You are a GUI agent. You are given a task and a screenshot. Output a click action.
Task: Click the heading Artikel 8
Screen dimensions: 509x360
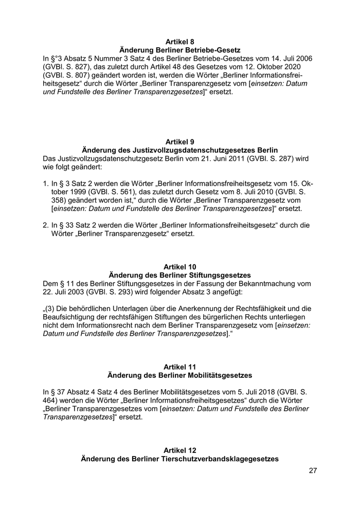(x=179, y=41)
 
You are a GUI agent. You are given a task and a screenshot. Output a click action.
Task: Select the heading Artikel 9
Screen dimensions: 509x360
(x=179, y=141)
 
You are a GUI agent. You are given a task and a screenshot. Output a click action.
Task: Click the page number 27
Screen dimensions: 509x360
(x=313, y=470)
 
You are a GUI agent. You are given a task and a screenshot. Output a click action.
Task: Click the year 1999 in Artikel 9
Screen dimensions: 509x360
(x=76, y=191)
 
